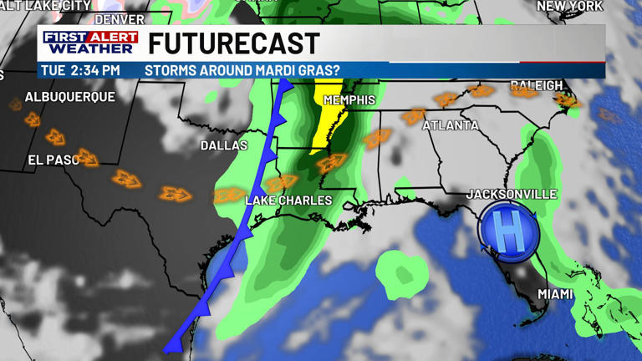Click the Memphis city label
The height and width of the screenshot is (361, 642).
click(x=349, y=100)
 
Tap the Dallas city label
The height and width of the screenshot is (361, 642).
click(x=224, y=145)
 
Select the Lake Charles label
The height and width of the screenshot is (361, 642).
click(x=288, y=201)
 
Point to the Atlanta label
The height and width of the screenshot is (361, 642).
click(x=451, y=125)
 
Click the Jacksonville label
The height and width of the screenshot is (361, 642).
click(x=512, y=194)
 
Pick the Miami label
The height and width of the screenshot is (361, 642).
click(x=555, y=294)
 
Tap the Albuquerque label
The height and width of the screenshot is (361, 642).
click(x=70, y=97)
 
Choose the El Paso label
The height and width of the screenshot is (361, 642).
click(x=53, y=160)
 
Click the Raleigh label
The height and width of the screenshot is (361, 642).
click(x=536, y=85)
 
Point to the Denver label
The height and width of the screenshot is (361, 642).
click(x=119, y=18)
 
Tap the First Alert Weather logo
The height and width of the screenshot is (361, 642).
click(x=89, y=43)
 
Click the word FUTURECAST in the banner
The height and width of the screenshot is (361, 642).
click(x=234, y=43)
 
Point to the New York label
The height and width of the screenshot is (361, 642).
click(x=569, y=6)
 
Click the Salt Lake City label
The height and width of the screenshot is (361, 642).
click(x=46, y=5)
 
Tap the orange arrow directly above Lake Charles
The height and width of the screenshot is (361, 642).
click(x=282, y=181)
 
